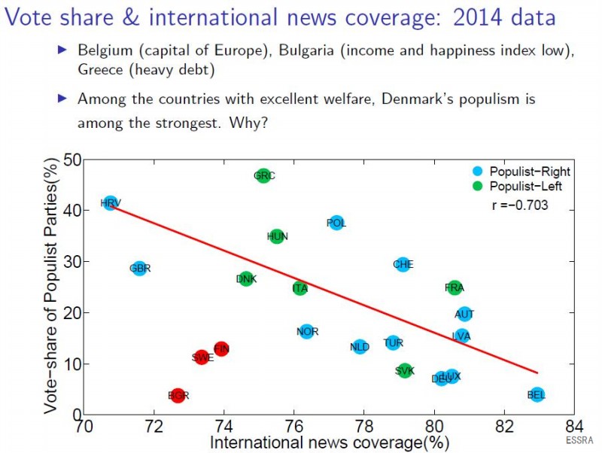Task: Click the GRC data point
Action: click(263, 175)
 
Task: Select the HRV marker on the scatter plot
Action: click(111, 202)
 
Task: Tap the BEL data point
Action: click(537, 394)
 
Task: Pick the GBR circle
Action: click(139, 268)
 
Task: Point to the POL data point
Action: click(336, 223)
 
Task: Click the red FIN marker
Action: click(221, 348)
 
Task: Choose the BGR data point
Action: click(178, 395)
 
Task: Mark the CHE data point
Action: click(403, 264)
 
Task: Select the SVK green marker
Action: click(405, 370)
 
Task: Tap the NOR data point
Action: click(306, 331)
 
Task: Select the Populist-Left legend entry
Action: click(524, 186)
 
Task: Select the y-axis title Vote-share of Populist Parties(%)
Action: click(51, 285)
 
